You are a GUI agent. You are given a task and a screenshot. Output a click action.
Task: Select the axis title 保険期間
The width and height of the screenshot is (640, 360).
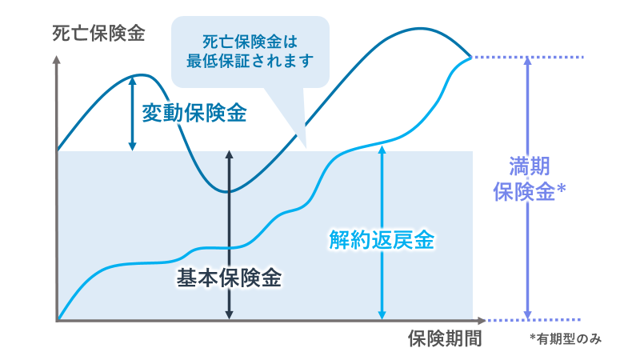click(444, 338)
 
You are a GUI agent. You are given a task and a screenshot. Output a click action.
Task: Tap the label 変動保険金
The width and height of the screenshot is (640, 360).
click(194, 112)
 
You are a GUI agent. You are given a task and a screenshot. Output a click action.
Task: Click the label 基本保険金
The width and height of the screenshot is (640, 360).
click(229, 278)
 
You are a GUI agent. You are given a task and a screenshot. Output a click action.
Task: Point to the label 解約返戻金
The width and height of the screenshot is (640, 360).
click(382, 240)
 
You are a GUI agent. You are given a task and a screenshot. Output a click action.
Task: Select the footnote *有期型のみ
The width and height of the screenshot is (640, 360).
click(565, 339)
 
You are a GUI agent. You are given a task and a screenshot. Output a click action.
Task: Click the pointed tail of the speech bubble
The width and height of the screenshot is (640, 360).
click(305, 145)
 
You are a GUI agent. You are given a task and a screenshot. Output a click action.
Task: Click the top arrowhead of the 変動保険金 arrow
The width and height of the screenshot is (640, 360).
click(132, 81)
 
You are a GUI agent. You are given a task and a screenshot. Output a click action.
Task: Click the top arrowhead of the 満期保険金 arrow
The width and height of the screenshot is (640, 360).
click(526, 63)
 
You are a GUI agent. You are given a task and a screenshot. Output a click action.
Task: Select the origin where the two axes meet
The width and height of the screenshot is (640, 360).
click(58, 320)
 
